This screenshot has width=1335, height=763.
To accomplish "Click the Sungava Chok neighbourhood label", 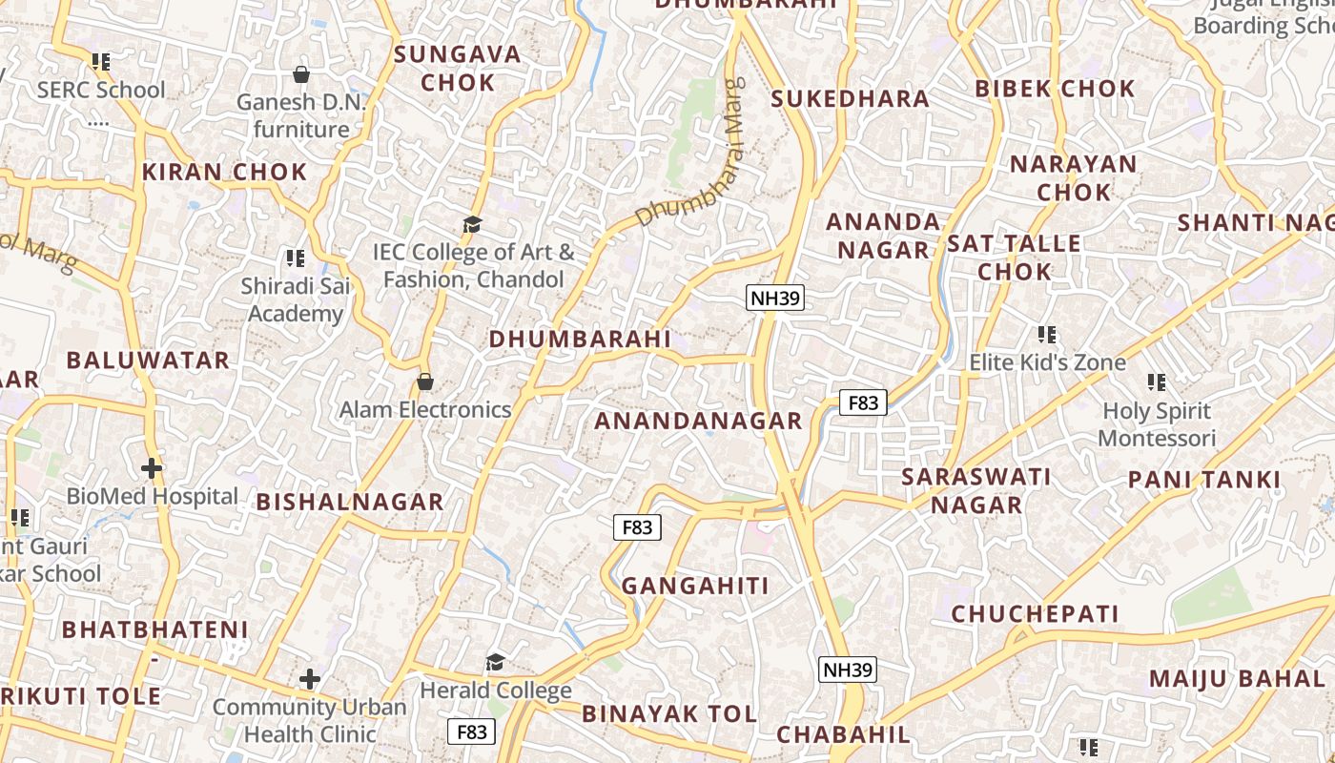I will click(458, 68).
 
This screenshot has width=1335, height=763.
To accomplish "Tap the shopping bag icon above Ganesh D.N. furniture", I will click(301, 74).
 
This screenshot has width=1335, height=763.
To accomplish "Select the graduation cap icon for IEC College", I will click(472, 225).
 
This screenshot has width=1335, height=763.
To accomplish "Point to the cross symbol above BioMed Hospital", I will click(151, 468).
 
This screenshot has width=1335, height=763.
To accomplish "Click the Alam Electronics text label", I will click(425, 410).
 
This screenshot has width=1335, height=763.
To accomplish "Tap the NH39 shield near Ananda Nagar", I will click(775, 298).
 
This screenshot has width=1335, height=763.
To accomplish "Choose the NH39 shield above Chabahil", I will click(847, 670).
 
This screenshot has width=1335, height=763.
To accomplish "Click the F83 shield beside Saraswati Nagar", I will click(863, 402).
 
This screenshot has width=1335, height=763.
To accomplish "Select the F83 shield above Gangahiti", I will click(636, 526).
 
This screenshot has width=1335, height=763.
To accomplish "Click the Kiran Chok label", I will click(224, 173).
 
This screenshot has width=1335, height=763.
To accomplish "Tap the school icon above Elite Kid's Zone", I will click(1047, 335).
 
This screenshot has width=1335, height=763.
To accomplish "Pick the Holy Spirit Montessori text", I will click(1157, 425).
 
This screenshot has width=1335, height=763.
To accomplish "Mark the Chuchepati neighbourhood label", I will click(1035, 613).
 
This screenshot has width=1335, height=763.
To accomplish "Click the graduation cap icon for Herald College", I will click(495, 662).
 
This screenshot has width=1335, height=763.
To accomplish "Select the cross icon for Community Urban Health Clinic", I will click(309, 679).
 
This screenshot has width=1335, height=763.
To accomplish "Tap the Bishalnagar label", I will click(350, 502).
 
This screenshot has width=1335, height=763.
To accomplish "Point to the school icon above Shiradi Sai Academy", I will click(295, 258).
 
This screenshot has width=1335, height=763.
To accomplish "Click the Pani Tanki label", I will click(1204, 480).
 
